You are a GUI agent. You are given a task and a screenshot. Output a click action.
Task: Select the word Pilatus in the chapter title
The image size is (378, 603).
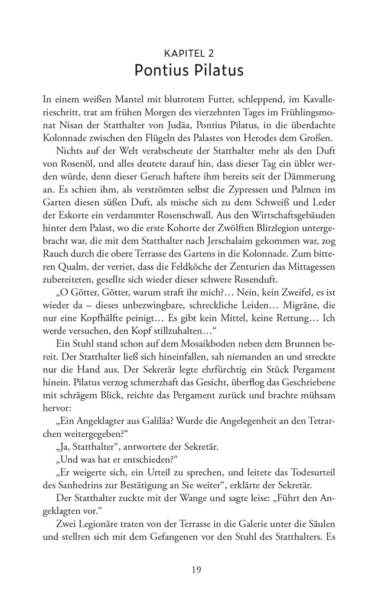pyautogui.click(x=217, y=72)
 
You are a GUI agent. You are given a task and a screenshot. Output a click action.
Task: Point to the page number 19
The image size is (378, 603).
pyautogui.click(x=189, y=569)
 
